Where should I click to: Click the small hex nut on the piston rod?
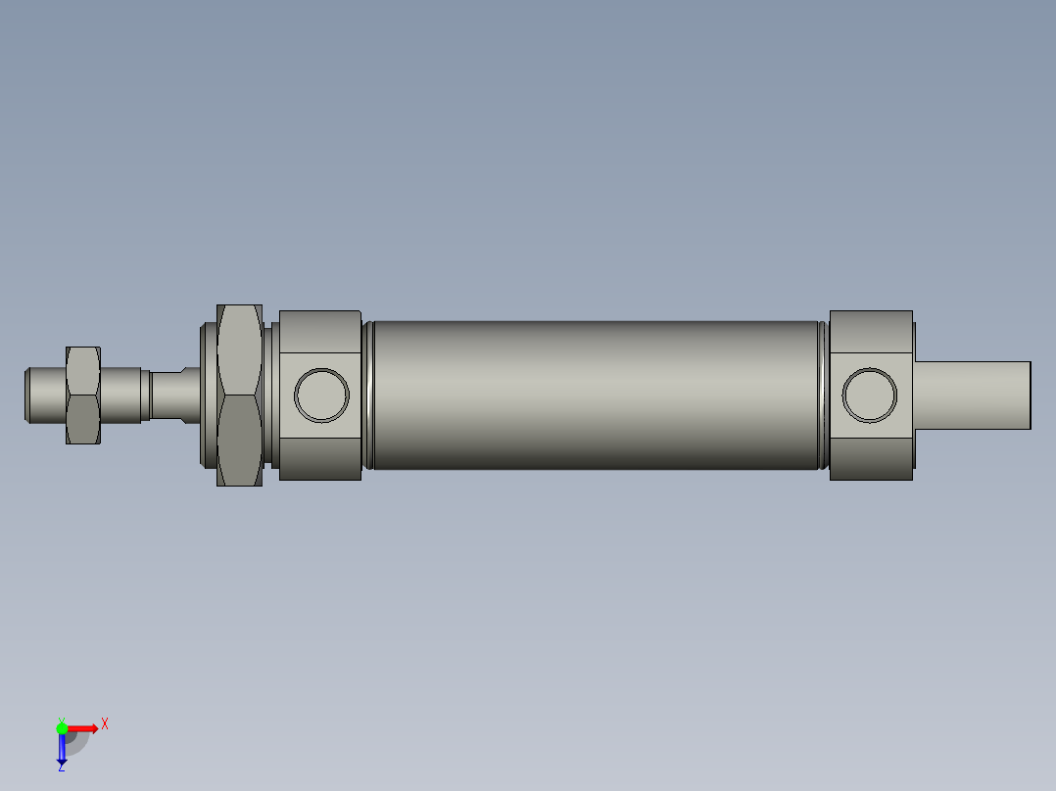coord(82,395)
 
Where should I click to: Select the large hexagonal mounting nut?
coord(239,395)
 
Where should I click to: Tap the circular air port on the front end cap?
coord(321,395)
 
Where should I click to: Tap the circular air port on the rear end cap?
coord(870,395)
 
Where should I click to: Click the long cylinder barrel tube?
coord(596,395)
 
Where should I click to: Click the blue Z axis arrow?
coord(62,749)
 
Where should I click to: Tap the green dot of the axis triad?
coord(62,727)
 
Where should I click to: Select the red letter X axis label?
coord(105,724)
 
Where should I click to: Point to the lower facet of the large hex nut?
coord(239,441)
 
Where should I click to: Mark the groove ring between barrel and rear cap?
coord(824,395)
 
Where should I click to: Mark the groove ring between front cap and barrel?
coord(367,395)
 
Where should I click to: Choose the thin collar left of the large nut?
coord(208,395)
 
